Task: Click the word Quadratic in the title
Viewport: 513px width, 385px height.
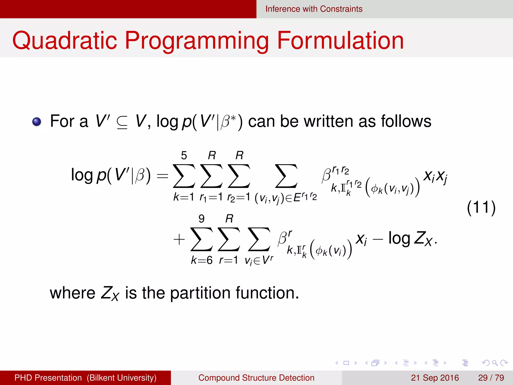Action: click(x=65, y=41)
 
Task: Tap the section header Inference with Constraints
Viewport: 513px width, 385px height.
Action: click(x=314, y=9)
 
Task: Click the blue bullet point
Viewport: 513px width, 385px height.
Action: click(x=37, y=122)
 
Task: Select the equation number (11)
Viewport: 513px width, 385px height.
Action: click(x=481, y=208)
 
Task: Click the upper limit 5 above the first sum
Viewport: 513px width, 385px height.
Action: click(x=184, y=156)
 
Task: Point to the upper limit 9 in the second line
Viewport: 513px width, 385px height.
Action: click(x=201, y=219)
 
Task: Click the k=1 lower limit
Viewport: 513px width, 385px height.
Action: click(x=184, y=197)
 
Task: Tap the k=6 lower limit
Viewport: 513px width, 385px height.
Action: click(x=202, y=260)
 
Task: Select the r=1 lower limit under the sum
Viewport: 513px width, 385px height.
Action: click(x=228, y=260)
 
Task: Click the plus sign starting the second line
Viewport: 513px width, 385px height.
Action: click(x=179, y=240)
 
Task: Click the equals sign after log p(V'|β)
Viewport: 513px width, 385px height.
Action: click(x=162, y=176)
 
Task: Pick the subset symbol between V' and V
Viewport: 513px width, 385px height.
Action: click(x=122, y=122)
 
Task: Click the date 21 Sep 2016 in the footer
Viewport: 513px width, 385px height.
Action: click(x=435, y=378)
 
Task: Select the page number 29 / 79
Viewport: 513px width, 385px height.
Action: click(x=491, y=378)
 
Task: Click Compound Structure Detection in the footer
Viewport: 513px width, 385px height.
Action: click(x=256, y=378)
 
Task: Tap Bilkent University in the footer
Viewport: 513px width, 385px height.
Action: click(x=121, y=378)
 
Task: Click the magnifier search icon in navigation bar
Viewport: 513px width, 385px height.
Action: click(x=495, y=363)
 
